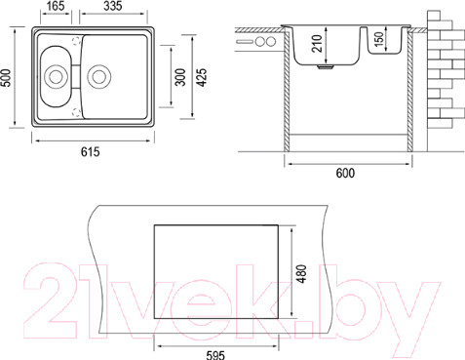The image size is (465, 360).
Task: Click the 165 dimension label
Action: coord(56,6)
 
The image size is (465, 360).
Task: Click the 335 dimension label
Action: coord(113,6)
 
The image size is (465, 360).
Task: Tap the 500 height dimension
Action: coord(7,78)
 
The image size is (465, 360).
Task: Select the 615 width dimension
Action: coord(91,152)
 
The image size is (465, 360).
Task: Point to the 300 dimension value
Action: coord(180,77)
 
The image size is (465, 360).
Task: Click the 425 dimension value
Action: coord(202,77)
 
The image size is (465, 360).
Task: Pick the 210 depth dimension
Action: coord(317,44)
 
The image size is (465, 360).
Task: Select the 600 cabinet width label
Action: coord(345,173)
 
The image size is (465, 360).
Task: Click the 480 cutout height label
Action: coord(302,274)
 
